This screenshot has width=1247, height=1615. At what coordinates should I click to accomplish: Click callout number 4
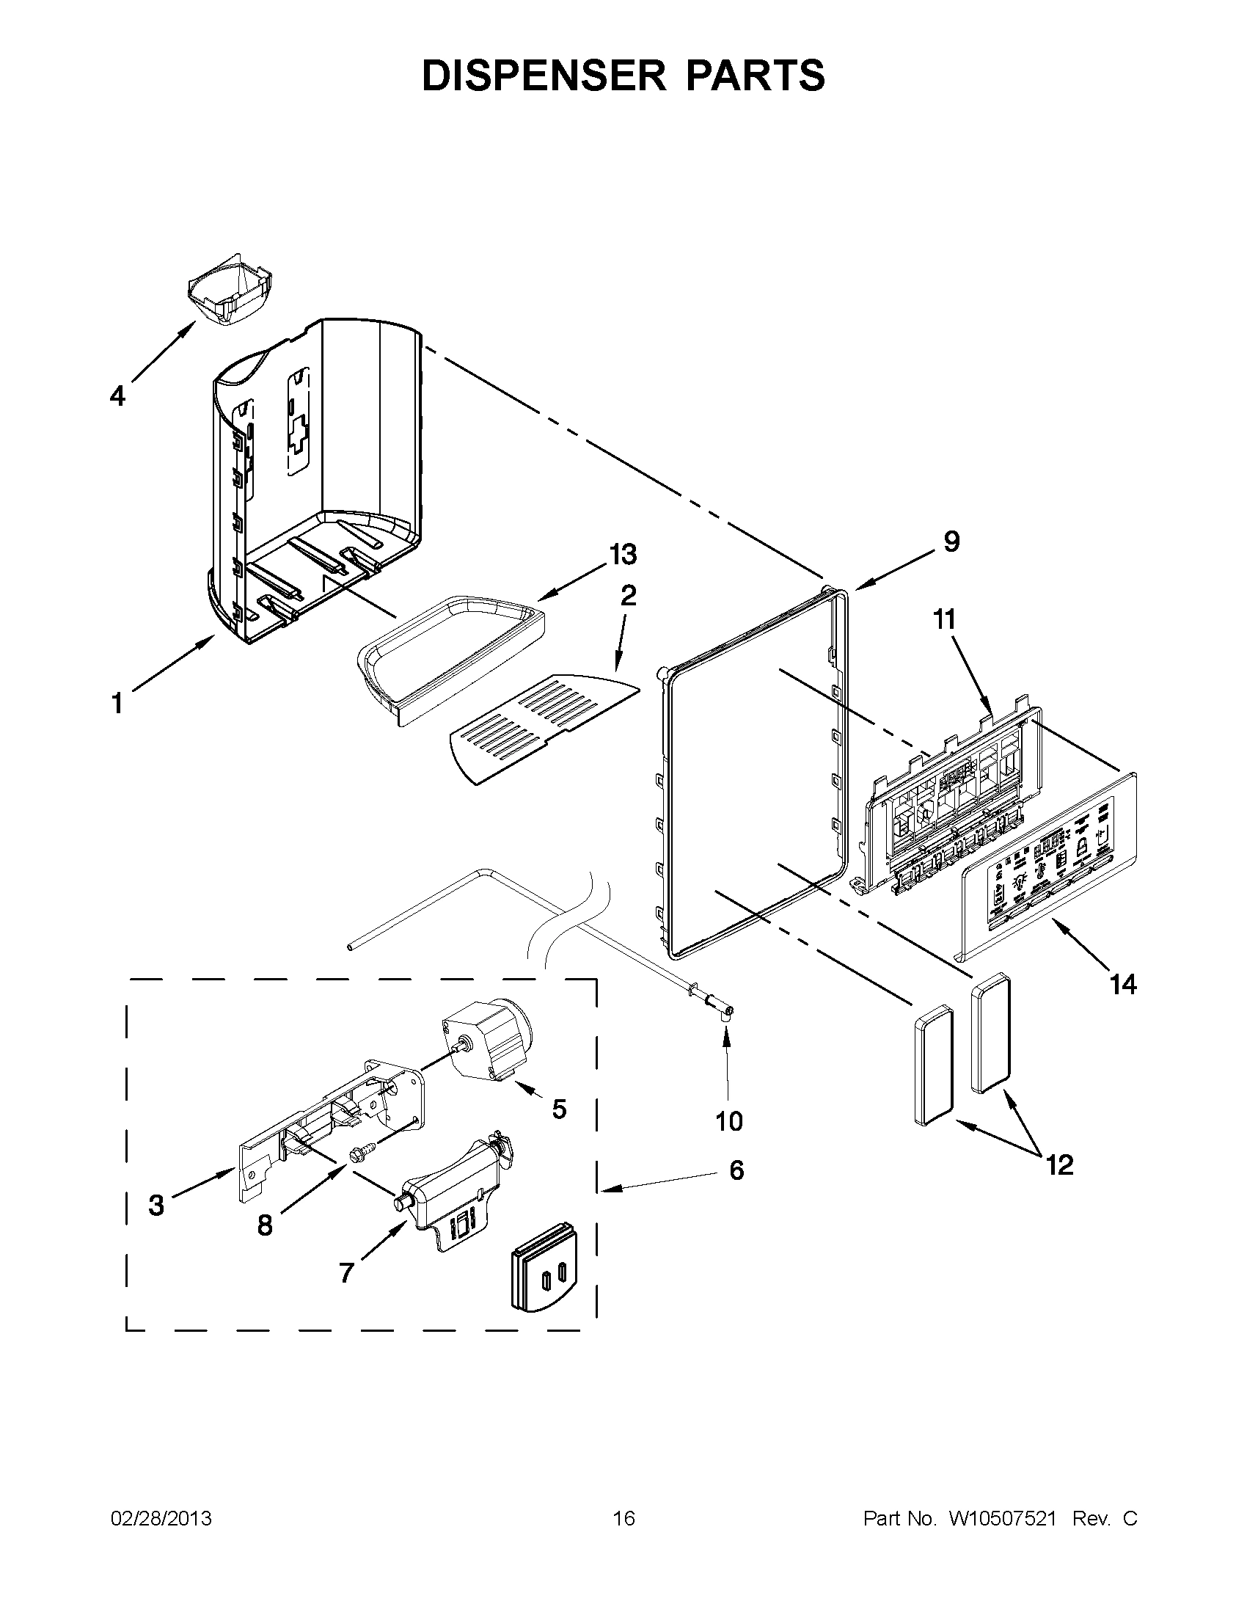[x=117, y=397]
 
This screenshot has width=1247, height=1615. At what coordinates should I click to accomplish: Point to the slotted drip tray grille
[x=544, y=728]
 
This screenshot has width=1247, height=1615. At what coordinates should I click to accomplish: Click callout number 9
[x=951, y=542]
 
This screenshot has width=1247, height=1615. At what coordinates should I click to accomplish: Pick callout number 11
[x=944, y=619]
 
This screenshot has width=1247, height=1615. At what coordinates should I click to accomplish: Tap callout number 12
[x=1059, y=1165]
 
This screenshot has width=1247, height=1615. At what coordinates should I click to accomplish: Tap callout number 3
[x=156, y=1206]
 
